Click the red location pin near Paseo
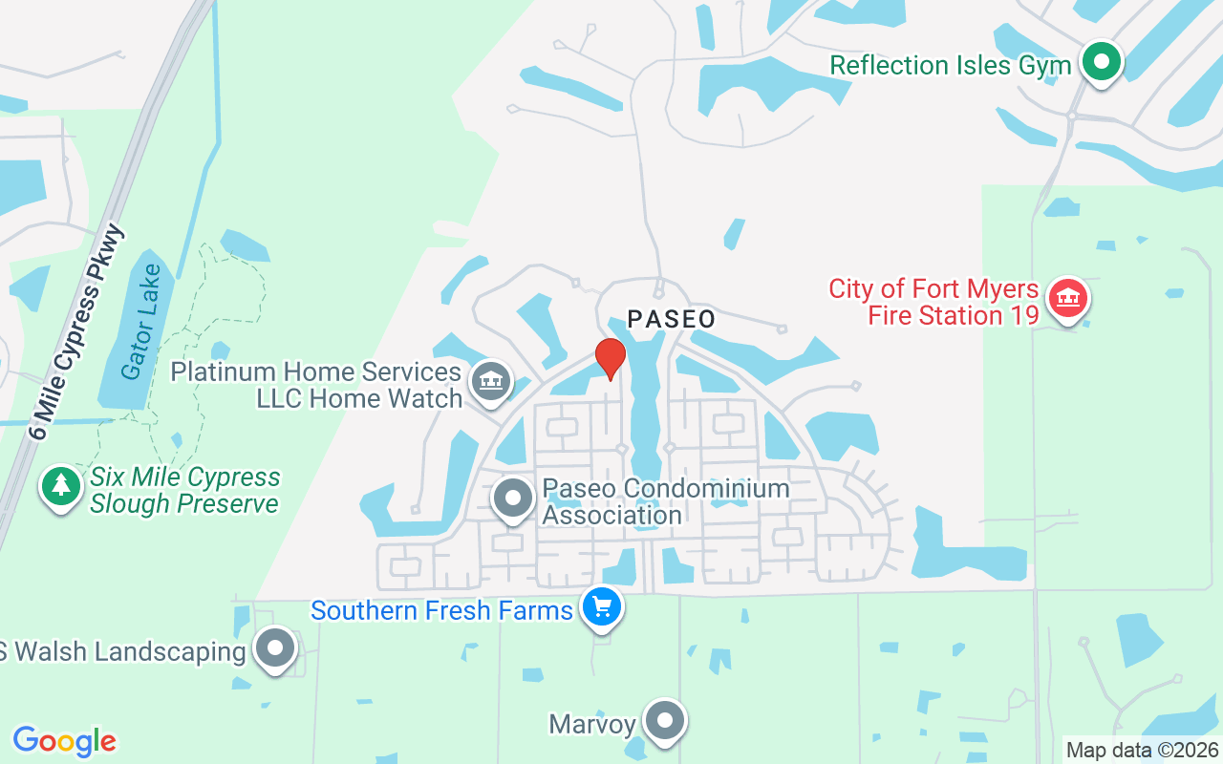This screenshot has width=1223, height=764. (610, 357)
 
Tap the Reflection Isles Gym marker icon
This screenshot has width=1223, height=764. (1102, 63)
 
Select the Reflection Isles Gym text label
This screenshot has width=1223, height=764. (950, 65)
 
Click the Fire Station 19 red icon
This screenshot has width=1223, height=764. (1069, 299)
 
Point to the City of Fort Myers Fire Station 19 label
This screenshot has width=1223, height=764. (933, 302)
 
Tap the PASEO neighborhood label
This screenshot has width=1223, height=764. (671, 319)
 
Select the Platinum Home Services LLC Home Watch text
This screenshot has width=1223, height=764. (316, 385)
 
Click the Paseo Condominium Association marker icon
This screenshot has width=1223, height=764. (513, 499)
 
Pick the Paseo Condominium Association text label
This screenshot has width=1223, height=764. (666, 501)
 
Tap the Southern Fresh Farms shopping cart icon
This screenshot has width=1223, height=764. (601, 607)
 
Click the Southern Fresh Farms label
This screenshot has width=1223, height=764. (441, 609)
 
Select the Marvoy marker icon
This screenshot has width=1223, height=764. (664, 723)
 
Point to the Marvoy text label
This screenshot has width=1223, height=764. (592, 724)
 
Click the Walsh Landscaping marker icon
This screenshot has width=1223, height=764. (275, 650)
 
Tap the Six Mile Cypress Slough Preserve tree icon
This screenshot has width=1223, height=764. (61, 487)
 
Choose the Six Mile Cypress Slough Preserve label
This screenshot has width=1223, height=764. (184, 490)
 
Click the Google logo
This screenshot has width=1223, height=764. (64, 741)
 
